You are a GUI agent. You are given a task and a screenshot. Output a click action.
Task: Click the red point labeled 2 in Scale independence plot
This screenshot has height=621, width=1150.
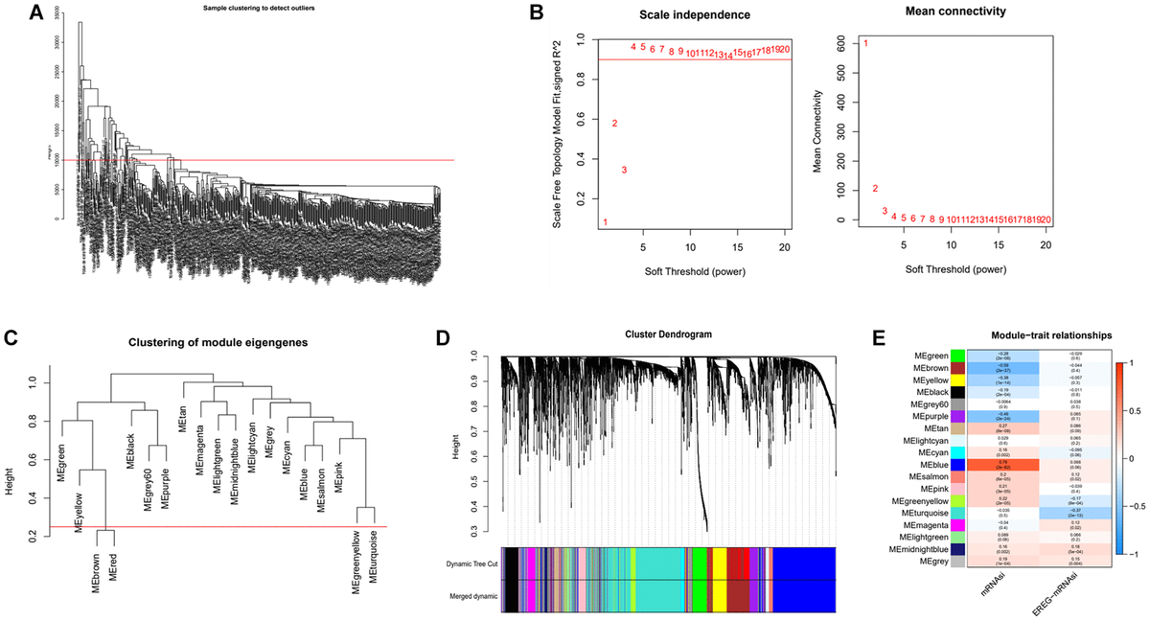[614, 124]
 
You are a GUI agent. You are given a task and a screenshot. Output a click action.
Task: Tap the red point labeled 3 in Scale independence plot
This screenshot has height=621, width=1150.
[624, 170]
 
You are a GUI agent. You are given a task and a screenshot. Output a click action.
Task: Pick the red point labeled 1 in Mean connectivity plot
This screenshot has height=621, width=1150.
[865, 43]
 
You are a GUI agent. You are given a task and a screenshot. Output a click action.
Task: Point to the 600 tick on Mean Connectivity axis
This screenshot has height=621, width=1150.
[847, 42]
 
